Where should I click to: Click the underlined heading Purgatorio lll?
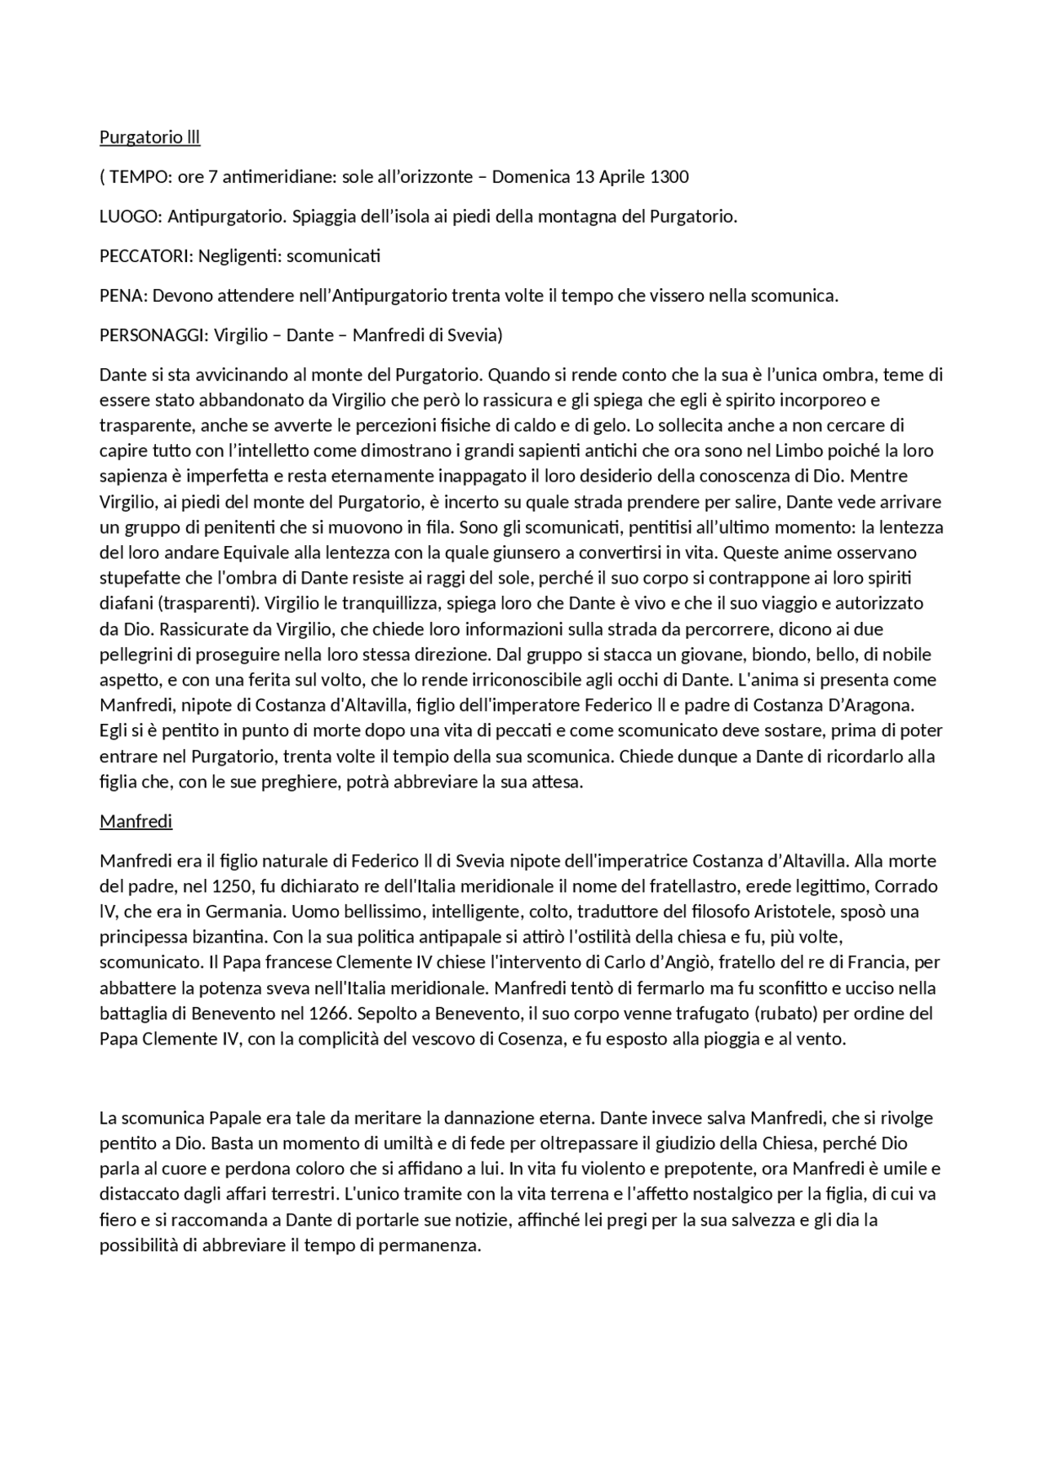click(149, 137)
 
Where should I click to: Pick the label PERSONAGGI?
click(153, 335)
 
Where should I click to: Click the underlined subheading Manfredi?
click(136, 822)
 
